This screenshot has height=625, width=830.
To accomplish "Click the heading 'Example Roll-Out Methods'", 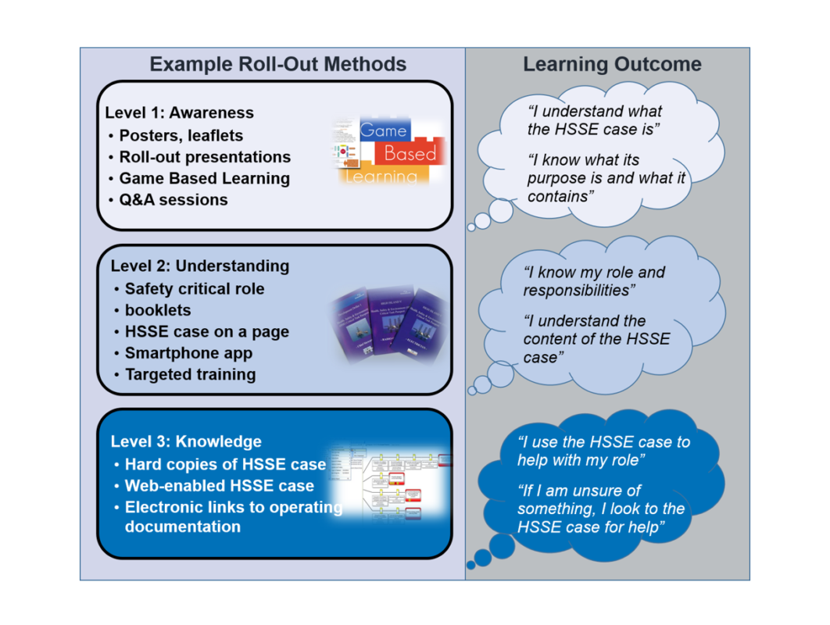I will click(x=277, y=64).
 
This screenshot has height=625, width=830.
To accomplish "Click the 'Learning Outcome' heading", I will click(x=612, y=64).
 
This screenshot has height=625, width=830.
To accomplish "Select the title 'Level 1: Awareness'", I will click(x=179, y=112).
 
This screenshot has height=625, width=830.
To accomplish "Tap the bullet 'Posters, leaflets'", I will click(x=181, y=135).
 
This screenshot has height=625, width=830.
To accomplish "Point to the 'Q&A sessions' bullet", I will click(x=173, y=199).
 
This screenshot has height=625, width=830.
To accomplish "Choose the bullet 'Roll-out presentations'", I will click(x=204, y=156).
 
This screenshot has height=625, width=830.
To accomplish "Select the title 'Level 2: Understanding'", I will click(x=199, y=266).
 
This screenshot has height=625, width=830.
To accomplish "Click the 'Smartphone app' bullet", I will click(x=188, y=352).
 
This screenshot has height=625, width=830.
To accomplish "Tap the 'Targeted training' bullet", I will click(x=190, y=374).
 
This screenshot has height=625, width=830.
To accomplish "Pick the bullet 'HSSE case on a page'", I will click(x=206, y=331).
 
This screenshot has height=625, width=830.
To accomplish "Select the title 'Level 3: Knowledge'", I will click(x=185, y=441).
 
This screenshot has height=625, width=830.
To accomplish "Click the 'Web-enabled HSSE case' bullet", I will click(x=219, y=485).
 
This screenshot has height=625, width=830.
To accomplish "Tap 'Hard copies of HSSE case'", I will click(x=224, y=464).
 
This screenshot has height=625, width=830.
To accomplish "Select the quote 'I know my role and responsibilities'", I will click(x=593, y=281).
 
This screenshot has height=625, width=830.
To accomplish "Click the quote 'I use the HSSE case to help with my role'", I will click(x=603, y=451).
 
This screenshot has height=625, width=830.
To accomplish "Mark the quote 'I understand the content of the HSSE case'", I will click(x=596, y=339).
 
